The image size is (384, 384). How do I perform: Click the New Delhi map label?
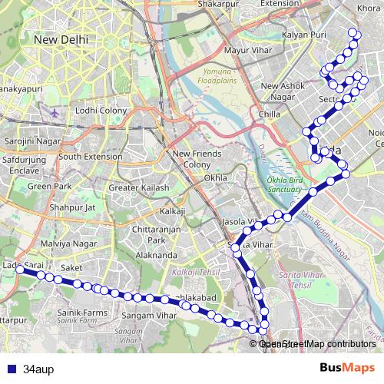click(x=61, y=38)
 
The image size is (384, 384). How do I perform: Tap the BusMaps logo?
click(x=348, y=367)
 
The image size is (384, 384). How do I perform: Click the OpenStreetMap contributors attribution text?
click(x=317, y=344)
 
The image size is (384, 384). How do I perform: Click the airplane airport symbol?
click(x=55, y=112)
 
